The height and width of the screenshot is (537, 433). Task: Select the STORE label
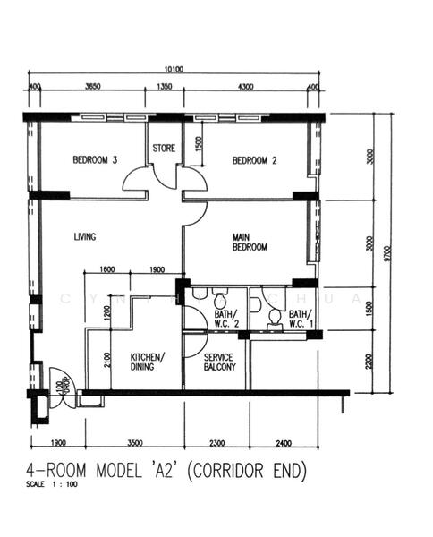pos(164,149)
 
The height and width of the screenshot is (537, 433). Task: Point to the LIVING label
pos(84,236)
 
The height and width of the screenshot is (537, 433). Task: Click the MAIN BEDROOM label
pos(250,242)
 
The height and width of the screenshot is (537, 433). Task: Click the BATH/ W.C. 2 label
pos(225,320)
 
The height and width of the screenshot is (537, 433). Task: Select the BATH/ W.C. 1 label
pos(299,320)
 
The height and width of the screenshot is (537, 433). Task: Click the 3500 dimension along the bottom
pos(135,442)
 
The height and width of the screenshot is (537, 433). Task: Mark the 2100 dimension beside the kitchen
pos(106,360)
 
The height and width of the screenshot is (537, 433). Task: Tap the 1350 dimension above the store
pos(165,86)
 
